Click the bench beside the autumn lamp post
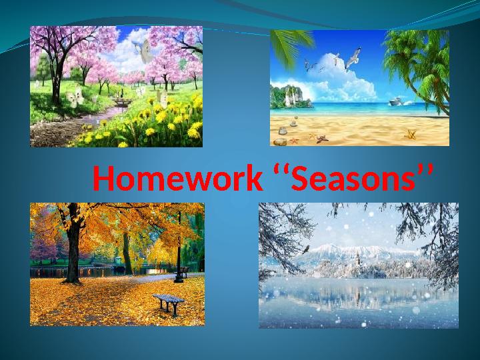182,272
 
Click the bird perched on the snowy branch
305,249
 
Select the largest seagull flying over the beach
353,58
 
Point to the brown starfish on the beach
323,139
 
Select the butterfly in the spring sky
143,51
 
